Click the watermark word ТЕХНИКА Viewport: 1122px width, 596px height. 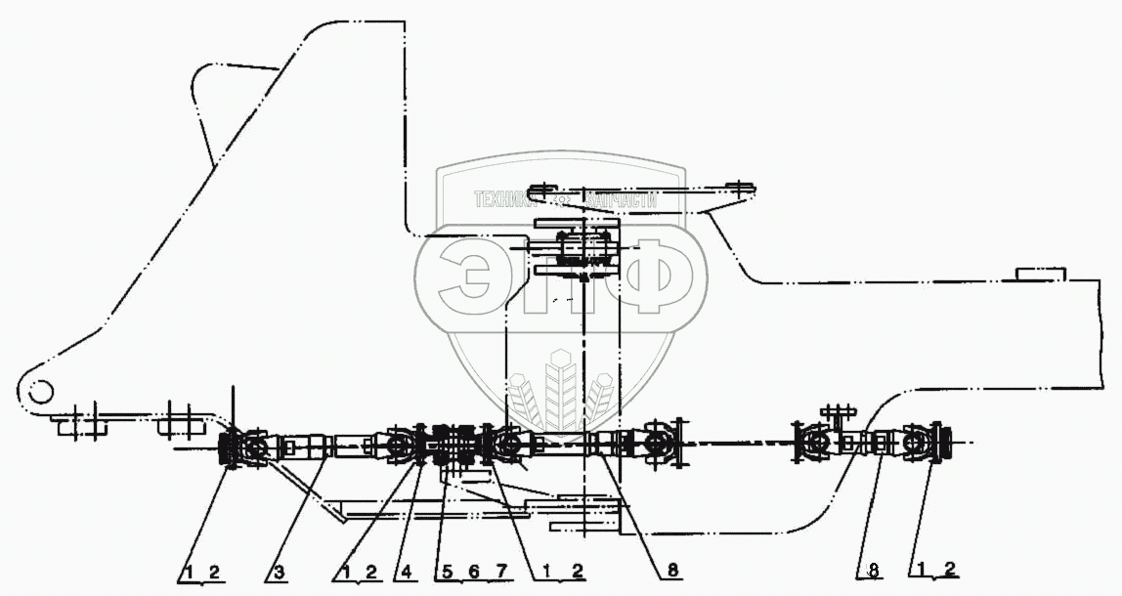[509, 198]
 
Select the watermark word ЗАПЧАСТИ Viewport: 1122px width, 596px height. [619, 198]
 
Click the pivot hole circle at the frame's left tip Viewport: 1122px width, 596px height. [40, 391]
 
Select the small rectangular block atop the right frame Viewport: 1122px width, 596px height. [1039, 273]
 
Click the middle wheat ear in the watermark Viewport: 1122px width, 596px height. [560, 386]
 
